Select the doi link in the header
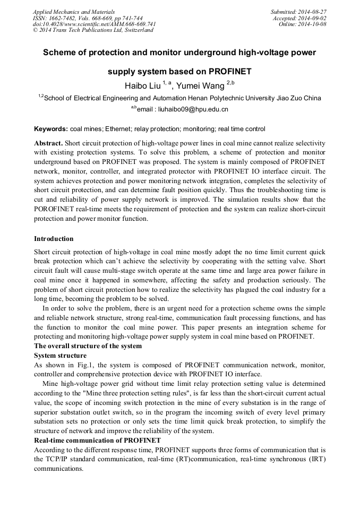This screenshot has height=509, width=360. pyautogui.click(x=95, y=24)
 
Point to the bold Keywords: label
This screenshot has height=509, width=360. pyautogui.click(x=51, y=129)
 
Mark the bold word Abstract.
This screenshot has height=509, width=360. pyautogui.click(x=48, y=144)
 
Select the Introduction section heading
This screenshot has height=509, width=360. pyautogui.click(x=54, y=239)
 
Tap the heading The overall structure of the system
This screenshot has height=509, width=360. pyautogui.click(x=88, y=346)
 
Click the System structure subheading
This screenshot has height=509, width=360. pyautogui.click(x=60, y=355)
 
